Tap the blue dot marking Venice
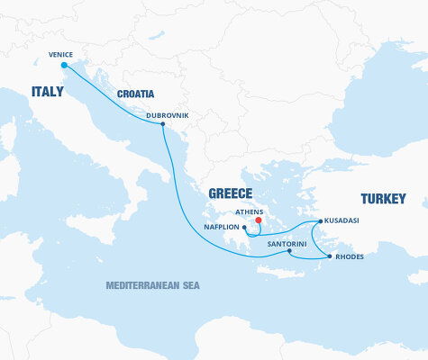point(63,65)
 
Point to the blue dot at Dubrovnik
point(162,124)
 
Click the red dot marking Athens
point(259,219)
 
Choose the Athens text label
point(250,211)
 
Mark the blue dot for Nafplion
point(245,228)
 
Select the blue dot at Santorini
point(289,251)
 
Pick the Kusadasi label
point(342,221)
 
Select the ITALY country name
point(48,92)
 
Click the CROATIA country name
point(135,94)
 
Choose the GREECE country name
point(230,193)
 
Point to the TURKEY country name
point(383,198)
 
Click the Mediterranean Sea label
point(152,285)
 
